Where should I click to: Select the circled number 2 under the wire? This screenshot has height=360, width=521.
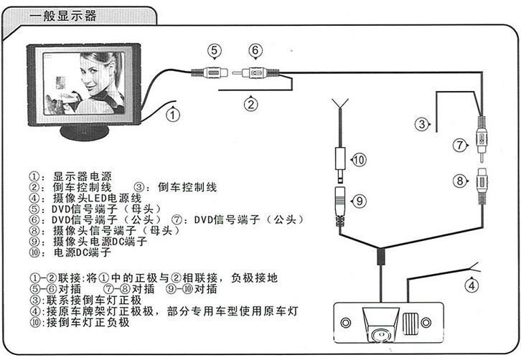[x=250, y=103]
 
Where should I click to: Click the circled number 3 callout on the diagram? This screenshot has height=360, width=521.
[x=423, y=124]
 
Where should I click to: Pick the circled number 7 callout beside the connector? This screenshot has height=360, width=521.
[x=460, y=144]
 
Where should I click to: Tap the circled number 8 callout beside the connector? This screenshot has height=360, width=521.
[x=460, y=180]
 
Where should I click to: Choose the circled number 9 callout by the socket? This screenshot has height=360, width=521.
[x=360, y=200]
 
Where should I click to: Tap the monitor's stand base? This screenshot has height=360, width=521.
[x=85, y=133]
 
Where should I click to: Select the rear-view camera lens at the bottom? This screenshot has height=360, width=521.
[x=378, y=333]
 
